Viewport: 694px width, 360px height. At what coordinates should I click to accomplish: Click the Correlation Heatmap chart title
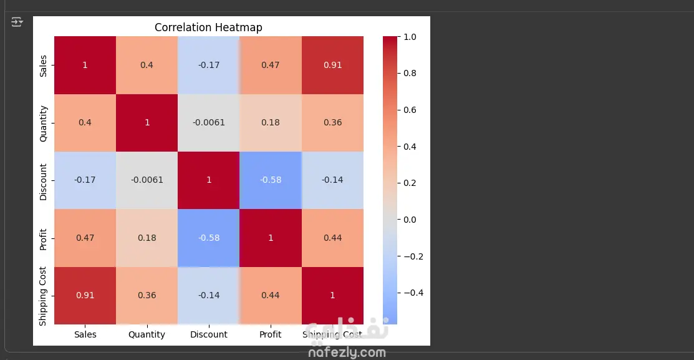pos(208,27)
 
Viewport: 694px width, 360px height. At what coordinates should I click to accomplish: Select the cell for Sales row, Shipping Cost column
pos(332,65)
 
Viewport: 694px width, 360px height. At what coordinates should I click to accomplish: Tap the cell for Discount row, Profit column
pos(271,180)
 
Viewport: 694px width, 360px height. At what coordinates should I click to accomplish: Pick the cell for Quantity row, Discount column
pos(209,122)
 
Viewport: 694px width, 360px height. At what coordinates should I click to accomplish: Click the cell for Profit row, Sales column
pos(85,238)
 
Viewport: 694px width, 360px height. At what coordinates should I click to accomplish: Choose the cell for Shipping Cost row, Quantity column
pos(147,295)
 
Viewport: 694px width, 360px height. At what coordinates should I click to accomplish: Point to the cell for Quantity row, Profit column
pos(271,122)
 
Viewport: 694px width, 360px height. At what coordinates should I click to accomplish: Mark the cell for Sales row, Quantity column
pos(147,65)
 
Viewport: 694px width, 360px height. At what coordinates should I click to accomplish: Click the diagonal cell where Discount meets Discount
pos(209,180)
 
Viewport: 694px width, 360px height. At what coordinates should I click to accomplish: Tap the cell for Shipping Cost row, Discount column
pos(209,295)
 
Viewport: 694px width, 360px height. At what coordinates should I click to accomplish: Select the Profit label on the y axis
pos(43,238)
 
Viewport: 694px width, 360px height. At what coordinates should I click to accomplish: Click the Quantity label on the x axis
pos(147,334)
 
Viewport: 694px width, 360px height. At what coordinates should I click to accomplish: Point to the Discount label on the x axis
pos(209,334)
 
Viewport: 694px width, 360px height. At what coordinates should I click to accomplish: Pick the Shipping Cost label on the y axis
pos(43,296)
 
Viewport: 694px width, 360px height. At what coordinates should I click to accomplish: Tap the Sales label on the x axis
pos(85,334)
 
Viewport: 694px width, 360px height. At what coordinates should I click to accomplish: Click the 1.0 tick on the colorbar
pos(410,37)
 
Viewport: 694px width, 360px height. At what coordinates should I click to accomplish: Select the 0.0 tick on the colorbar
pos(410,220)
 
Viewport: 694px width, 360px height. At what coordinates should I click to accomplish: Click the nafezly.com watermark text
pos(347,353)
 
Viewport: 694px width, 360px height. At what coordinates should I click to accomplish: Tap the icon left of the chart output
pos(17,22)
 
